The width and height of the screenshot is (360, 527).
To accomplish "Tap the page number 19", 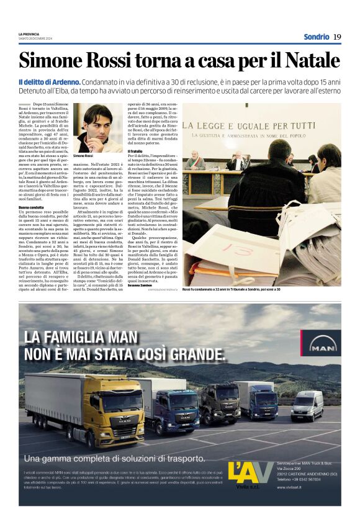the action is point(337,37).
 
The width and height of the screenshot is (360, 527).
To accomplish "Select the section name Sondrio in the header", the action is point(316,37).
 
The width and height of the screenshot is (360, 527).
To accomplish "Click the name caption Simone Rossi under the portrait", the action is point(82,155).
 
